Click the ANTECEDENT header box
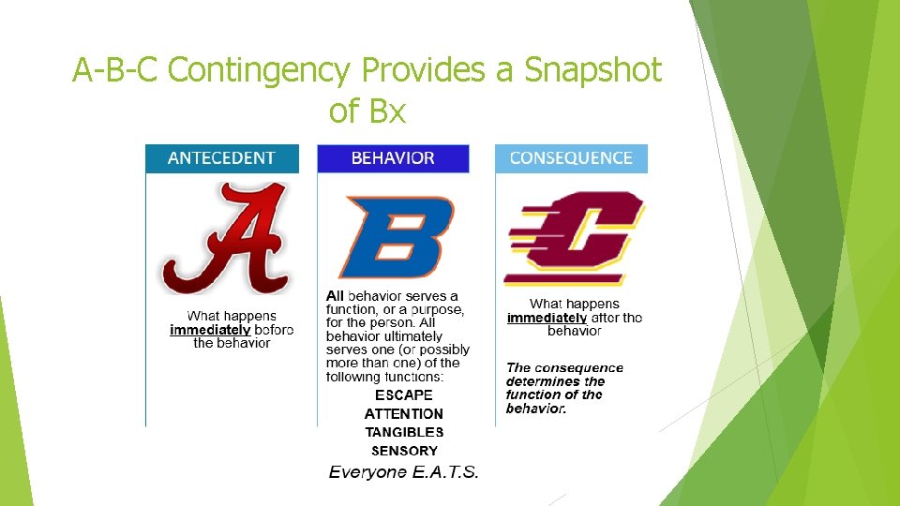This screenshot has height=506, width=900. pyautogui.click(x=222, y=158)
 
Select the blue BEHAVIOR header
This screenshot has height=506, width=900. pyautogui.click(x=393, y=158)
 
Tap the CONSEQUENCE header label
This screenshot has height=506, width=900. pyautogui.click(x=571, y=158)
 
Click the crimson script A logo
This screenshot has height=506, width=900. pyautogui.click(x=225, y=238)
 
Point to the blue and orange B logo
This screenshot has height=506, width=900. pyautogui.click(x=394, y=236)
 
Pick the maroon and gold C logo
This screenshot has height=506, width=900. pyautogui.click(x=574, y=240)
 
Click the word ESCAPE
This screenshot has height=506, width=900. pyautogui.click(x=403, y=395)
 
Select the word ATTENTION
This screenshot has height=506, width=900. pyautogui.click(x=403, y=414)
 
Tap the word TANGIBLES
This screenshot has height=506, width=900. pyautogui.click(x=403, y=433)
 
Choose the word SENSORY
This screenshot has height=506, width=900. pyautogui.click(x=403, y=451)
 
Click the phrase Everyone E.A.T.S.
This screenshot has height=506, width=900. pyautogui.click(x=403, y=472)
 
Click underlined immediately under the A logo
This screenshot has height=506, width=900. pyautogui.click(x=210, y=330)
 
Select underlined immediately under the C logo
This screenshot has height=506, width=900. pyautogui.click(x=547, y=318)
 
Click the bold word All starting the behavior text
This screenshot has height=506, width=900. pyautogui.click(x=335, y=296)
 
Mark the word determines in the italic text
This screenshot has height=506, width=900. pyautogui.click(x=543, y=381)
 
